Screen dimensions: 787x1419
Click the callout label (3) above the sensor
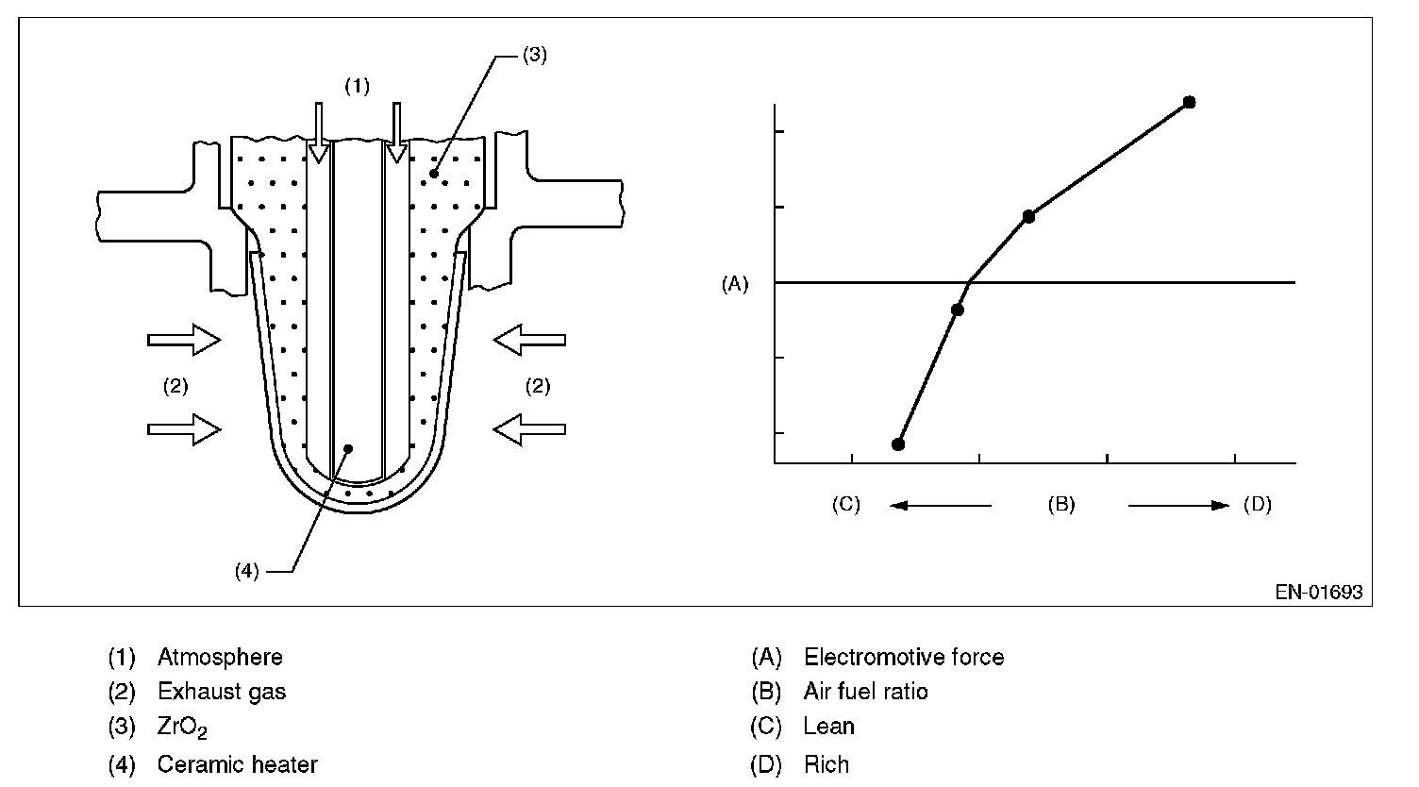(534, 55)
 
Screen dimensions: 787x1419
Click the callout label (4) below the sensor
(246, 571)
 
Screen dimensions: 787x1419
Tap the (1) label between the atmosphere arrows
(357, 87)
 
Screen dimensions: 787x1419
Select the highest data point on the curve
(1189, 102)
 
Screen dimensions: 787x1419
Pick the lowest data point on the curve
(898, 444)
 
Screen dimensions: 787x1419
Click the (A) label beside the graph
(734, 283)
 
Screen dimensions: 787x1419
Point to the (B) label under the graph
(1061, 505)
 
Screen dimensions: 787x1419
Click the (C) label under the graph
(846, 505)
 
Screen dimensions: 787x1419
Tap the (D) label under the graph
(1257, 505)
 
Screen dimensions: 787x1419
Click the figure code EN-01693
(1319, 593)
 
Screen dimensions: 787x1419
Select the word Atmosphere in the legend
(220, 657)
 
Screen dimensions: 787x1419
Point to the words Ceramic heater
(237, 763)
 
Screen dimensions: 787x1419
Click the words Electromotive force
(903, 657)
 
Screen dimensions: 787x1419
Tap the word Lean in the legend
(828, 727)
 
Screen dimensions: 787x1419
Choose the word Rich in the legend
(826, 763)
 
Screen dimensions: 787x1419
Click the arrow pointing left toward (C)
(941, 506)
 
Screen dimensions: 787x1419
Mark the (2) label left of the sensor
(175, 385)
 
